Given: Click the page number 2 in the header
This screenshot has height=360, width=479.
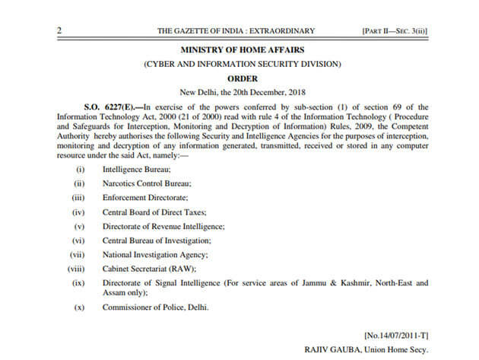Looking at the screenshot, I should (x=59, y=30).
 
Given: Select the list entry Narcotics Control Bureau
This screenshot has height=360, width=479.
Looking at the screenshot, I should (x=142, y=184).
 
